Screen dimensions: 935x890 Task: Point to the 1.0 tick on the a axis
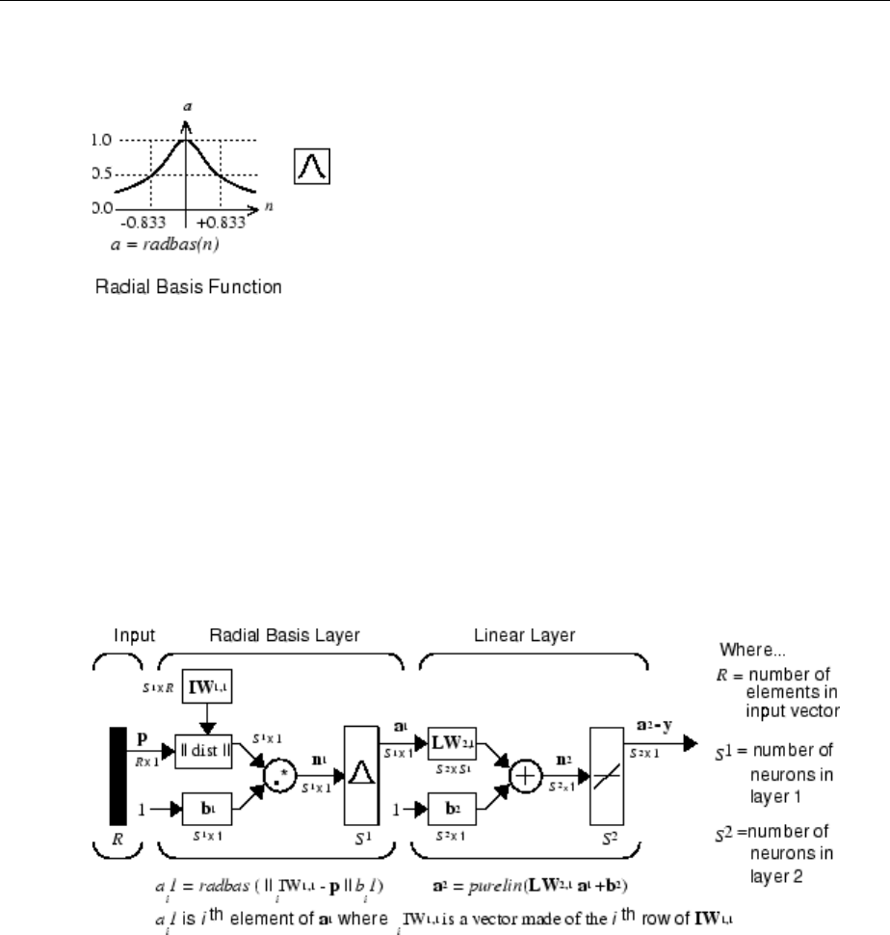(99, 140)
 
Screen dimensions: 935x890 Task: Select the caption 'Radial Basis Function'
(189, 287)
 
